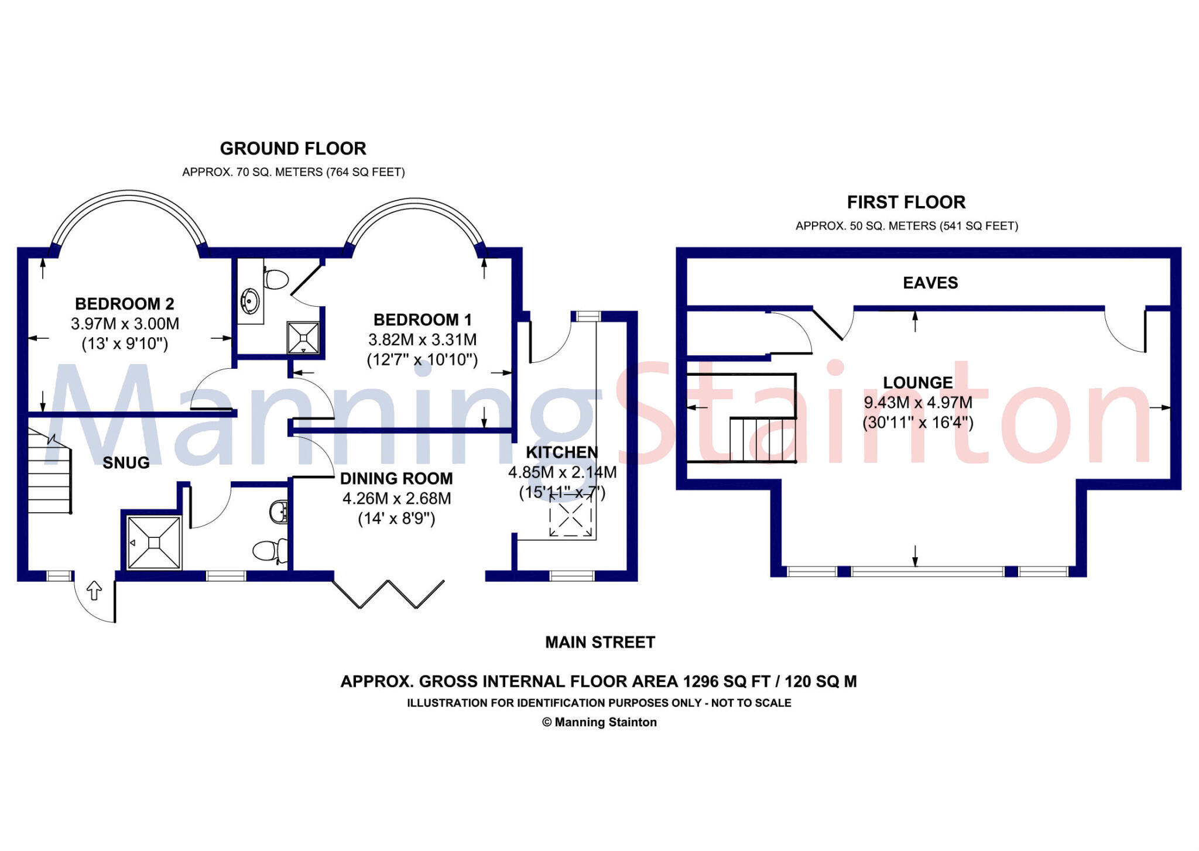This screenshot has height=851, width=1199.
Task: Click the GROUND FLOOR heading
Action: pyautogui.click(x=293, y=149)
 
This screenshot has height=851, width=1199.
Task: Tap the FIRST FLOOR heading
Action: pyautogui.click(x=906, y=203)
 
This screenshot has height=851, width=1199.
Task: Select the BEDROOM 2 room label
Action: pyautogui.click(x=125, y=304)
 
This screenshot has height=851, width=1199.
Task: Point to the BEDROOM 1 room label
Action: pyautogui.click(x=422, y=320)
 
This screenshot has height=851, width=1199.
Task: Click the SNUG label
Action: pyautogui.click(x=126, y=463)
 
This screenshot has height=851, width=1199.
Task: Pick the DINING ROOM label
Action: pyautogui.click(x=396, y=479)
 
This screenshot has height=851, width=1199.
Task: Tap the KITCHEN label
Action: pyautogui.click(x=561, y=452)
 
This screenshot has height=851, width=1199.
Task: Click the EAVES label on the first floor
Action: pyautogui.click(x=930, y=283)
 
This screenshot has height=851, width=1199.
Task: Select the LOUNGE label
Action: pyautogui.click(x=917, y=383)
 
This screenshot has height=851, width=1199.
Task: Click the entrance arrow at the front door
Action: pyautogui.click(x=94, y=590)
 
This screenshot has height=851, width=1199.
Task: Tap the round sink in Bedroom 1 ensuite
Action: pyautogui.click(x=251, y=301)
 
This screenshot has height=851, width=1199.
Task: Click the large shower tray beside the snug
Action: pyautogui.click(x=153, y=543)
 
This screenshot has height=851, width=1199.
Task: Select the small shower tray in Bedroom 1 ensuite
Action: pyautogui.click(x=303, y=338)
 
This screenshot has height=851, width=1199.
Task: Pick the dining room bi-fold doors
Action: pyautogui.click(x=389, y=593)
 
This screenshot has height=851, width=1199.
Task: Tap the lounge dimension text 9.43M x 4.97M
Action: pyautogui.click(x=917, y=403)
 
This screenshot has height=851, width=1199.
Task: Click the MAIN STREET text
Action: pyautogui.click(x=599, y=643)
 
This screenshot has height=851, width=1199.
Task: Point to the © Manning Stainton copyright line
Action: pyautogui.click(x=599, y=722)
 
